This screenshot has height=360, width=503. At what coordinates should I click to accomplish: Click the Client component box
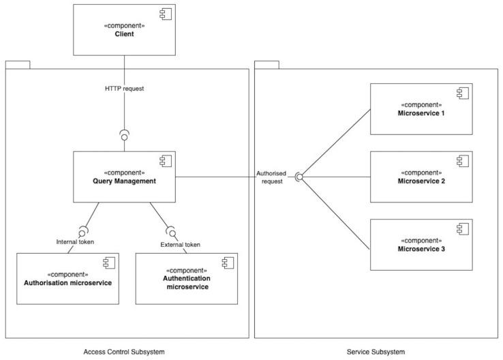[124, 29]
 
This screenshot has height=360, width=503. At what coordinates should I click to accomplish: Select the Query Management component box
[124, 177]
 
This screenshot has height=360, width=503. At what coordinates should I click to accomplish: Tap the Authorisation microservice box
[67, 278]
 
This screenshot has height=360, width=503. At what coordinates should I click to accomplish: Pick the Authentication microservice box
[186, 278]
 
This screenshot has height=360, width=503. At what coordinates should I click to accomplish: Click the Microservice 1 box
[421, 108]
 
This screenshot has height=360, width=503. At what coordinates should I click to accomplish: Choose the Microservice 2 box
[421, 177]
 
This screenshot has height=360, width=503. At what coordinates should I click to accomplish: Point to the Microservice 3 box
[421, 244]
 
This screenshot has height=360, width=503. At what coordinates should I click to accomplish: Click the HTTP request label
[124, 88]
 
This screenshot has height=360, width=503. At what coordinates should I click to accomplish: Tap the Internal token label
[75, 241]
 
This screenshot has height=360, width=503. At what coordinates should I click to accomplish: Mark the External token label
[180, 244]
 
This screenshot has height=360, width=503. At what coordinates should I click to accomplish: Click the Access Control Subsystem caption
[124, 352]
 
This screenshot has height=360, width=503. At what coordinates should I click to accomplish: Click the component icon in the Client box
[164, 14]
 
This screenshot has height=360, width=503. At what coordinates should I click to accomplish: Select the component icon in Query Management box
[164, 161]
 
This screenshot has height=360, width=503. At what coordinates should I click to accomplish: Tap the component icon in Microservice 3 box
[461, 228]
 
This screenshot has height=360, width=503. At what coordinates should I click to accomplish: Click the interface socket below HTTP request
[124, 134]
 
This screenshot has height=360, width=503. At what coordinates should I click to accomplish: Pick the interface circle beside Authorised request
[299, 177]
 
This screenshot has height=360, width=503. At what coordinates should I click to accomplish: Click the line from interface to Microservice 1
[334, 143]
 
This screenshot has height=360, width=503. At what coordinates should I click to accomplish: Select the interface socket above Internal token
[83, 229]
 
